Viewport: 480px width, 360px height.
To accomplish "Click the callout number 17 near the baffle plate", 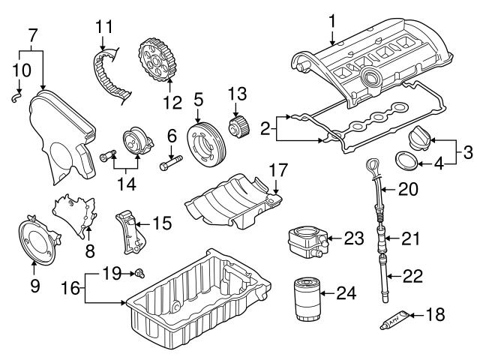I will tap(279, 171).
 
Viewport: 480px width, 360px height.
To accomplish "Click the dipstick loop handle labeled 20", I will tap(373, 166).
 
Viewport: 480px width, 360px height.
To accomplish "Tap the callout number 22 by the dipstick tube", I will tap(414, 276).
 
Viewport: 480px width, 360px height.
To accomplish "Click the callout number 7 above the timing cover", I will tap(31, 35).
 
